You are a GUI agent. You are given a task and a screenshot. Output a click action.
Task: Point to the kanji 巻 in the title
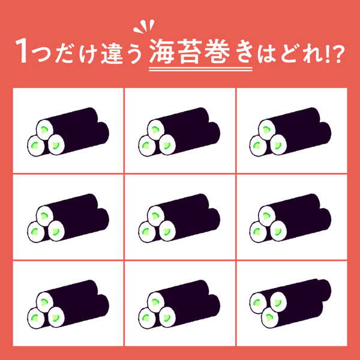point(217,52)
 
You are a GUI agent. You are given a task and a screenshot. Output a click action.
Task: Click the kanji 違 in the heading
point(112,52)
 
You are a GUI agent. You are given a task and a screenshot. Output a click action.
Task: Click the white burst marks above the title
point(144,26)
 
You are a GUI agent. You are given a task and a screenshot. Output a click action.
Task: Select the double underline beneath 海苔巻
point(200,69)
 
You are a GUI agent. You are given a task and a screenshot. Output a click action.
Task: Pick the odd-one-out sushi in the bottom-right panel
point(290,304)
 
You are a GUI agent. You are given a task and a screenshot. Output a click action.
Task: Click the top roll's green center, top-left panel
point(44,130)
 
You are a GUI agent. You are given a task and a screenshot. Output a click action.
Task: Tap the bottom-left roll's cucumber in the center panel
point(146,232)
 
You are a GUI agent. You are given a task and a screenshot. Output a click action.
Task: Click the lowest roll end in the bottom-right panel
point(269,318)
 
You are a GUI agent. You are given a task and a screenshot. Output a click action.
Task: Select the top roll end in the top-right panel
point(267,130)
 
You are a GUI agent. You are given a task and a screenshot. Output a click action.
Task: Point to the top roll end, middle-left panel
point(45,216)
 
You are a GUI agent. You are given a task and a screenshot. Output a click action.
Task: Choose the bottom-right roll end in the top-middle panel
point(167,145)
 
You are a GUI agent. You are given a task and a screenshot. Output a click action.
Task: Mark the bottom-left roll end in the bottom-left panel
point(36,318)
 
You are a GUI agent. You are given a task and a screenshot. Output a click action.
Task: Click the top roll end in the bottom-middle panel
point(156,302)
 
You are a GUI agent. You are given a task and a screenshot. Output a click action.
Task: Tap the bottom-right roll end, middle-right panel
point(278,231)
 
